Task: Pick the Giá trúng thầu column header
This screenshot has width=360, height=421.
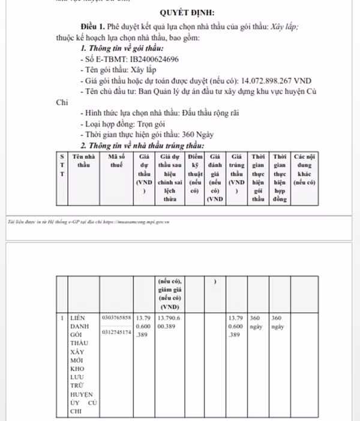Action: [x=237, y=173]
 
